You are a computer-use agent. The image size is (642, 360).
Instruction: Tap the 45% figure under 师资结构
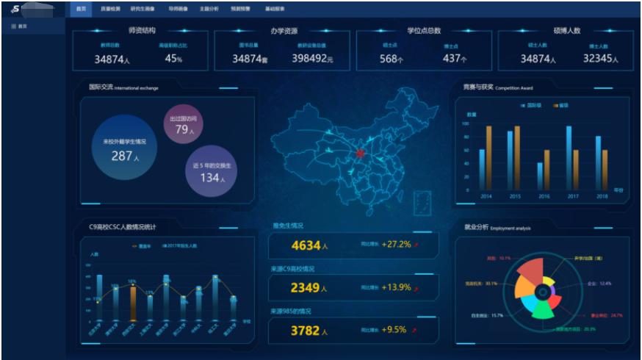click(173, 59)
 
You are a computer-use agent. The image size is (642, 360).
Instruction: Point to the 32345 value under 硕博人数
click(600, 59)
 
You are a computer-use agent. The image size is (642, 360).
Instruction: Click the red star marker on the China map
click(360, 154)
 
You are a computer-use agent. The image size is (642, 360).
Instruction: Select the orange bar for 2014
click(489, 157)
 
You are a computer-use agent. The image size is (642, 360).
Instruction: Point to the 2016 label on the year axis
click(544, 196)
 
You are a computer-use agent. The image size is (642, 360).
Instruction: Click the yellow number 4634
click(306, 245)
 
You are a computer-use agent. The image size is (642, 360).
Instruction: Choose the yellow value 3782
click(306, 331)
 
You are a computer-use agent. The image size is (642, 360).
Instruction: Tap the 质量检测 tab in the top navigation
click(112, 9)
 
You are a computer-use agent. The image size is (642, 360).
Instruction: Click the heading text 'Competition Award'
click(514, 87)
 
